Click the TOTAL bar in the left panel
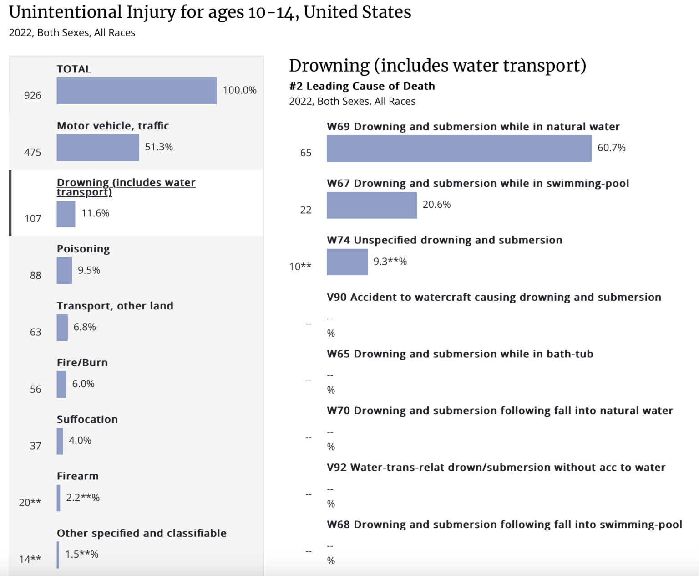[x=137, y=91]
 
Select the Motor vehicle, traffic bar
[x=97, y=148]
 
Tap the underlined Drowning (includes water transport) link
[x=126, y=187]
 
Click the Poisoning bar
[x=64, y=271]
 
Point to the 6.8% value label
[x=85, y=327]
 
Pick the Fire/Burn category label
[x=82, y=363]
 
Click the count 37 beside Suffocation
[x=35, y=446]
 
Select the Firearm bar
[x=59, y=498]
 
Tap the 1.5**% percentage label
[x=82, y=555]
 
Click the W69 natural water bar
[x=459, y=149]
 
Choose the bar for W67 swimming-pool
[x=371, y=205]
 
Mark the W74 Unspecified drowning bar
[x=347, y=262]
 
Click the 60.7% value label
[x=611, y=148]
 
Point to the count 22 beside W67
[x=306, y=210]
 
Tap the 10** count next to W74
[x=300, y=267]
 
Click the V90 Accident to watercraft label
[x=494, y=298]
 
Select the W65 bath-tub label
[x=460, y=354]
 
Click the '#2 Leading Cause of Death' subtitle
[x=362, y=86]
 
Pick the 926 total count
[x=33, y=96]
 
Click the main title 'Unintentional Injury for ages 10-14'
[x=210, y=12]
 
